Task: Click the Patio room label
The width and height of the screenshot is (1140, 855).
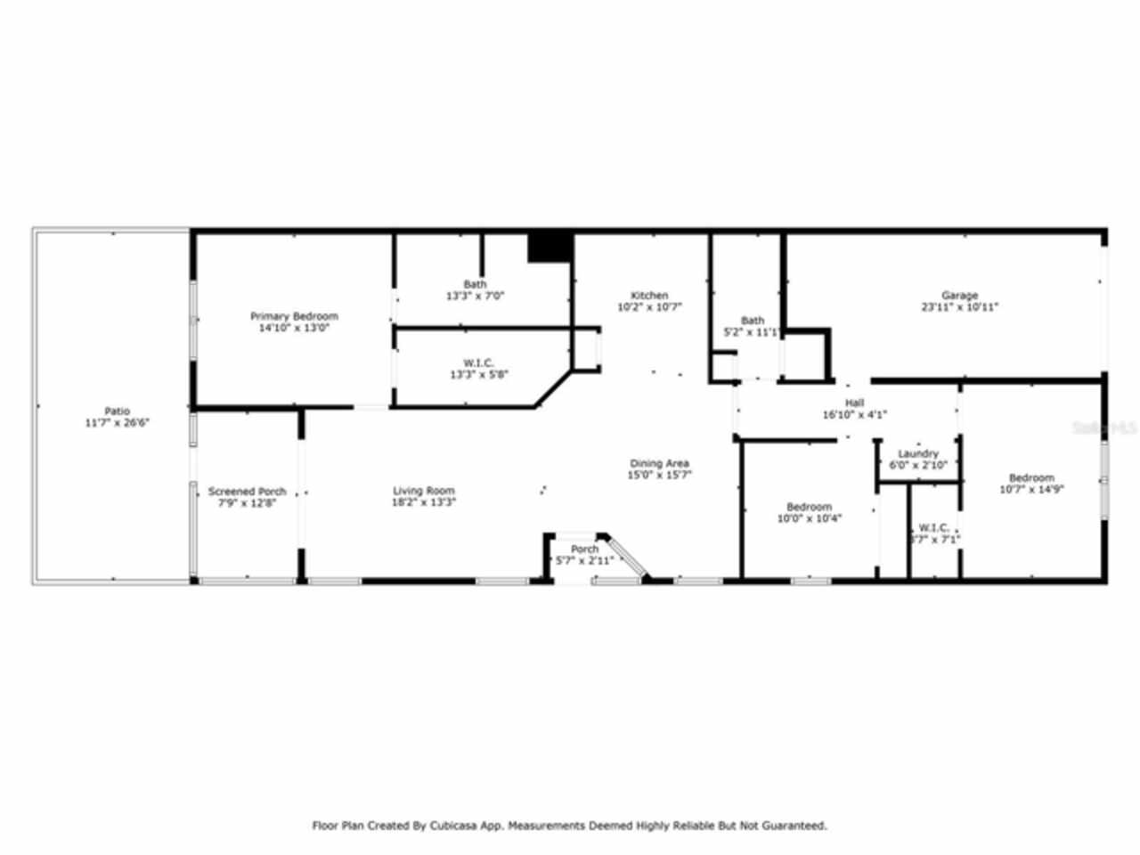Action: click(x=117, y=411)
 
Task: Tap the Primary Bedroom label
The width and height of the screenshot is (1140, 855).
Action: click(x=294, y=316)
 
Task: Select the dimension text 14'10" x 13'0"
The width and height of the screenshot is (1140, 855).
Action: click(x=293, y=328)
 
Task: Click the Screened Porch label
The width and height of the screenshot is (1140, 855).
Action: click(x=247, y=491)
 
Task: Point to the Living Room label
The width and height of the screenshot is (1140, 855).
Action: click(x=424, y=490)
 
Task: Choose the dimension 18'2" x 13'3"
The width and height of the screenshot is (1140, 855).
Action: click(x=424, y=501)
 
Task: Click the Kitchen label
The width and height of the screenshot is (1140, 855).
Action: click(x=649, y=295)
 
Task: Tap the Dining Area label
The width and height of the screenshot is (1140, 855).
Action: click(x=659, y=463)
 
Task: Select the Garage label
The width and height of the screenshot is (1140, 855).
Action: click(x=959, y=295)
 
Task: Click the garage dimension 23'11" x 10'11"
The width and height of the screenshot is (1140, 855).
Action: click(x=959, y=306)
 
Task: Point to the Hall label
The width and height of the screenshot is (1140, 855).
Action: click(x=854, y=403)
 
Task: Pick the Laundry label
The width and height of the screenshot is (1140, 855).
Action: click(x=917, y=453)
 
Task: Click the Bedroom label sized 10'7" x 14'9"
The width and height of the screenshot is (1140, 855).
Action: click(x=1031, y=477)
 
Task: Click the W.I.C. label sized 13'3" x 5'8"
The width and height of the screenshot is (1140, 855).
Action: click(x=478, y=362)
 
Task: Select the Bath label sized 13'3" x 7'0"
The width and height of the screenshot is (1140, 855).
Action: click(x=475, y=284)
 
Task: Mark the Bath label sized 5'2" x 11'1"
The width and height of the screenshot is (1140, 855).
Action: click(x=753, y=321)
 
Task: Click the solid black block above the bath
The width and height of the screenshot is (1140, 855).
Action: click(x=550, y=247)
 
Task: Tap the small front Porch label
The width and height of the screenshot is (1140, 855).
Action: click(x=584, y=549)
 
